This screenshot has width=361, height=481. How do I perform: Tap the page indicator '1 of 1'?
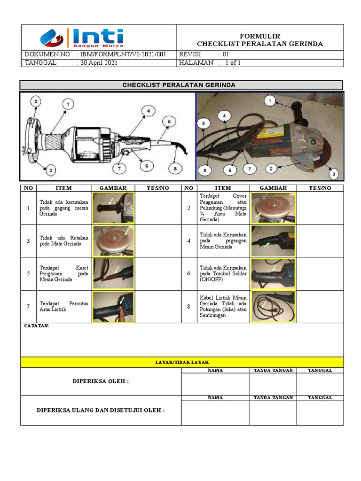pyautogui.click(x=233, y=62)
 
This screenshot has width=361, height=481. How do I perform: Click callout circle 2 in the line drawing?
pyautogui.click(x=36, y=101)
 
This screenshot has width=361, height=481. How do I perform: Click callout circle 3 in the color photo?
pyautogui.click(x=333, y=174)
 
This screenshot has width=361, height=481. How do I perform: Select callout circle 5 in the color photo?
pyautogui.click(x=203, y=124)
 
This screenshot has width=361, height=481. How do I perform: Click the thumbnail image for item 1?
pyautogui.click(x=113, y=208)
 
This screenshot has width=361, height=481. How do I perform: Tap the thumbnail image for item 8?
pyautogui.click(x=273, y=306)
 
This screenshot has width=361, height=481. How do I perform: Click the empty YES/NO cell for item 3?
pyautogui.click(x=157, y=240)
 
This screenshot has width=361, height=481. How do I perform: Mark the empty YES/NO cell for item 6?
pyautogui.click(x=320, y=273)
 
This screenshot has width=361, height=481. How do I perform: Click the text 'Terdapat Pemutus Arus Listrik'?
pyautogui.click(x=63, y=306)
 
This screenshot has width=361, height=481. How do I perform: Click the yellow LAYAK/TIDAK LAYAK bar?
pyautogui.click(x=182, y=362)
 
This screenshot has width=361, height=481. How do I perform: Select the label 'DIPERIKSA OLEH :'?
pyautogui.click(x=101, y=381)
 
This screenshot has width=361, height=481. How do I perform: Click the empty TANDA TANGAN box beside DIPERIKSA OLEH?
pyautogui.click(x=273, y=384)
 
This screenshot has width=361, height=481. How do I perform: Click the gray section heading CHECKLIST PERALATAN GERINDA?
pyautogui.click(x=181, y=85)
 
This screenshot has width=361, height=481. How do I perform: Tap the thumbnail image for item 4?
pyautogui.click(x=273, y=240)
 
